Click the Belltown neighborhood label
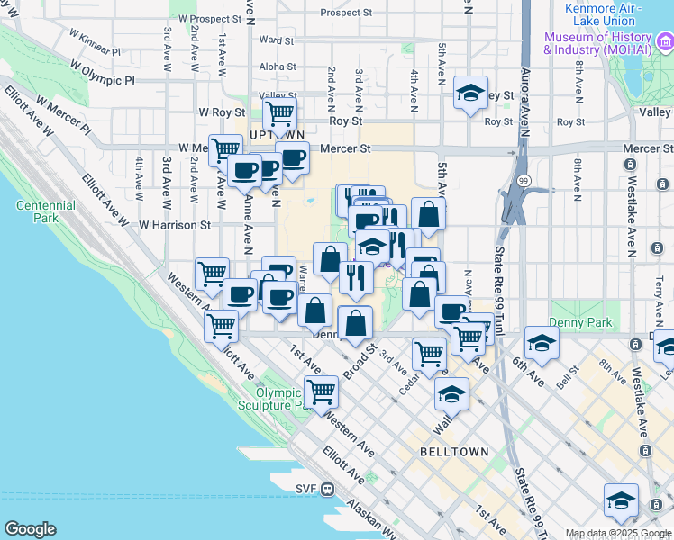point(454,451)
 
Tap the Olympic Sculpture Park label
point(287,399)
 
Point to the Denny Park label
point(580,322)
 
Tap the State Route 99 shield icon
point(523,182)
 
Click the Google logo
point(30,529)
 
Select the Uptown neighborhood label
point(272,134)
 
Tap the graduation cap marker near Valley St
point(469,94)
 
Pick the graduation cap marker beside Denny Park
point(541,343)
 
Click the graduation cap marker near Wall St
point(451,394)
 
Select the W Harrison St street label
point(174,225)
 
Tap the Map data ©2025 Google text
point(618,533)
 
